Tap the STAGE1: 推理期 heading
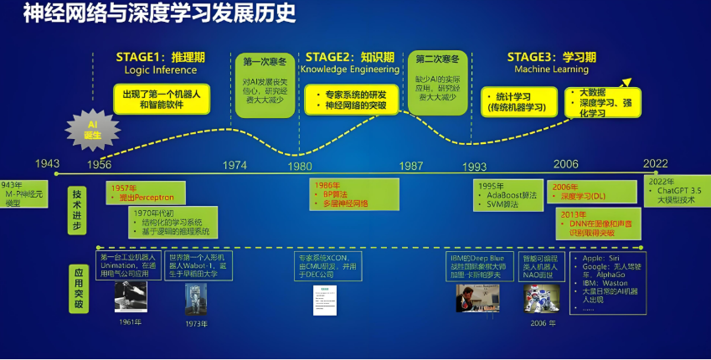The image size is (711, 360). tap(160, 57)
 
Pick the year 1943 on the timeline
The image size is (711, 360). tap(48, 164)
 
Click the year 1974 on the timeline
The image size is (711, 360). tap(235, 165)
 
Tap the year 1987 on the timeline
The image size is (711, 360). tap(411, 165)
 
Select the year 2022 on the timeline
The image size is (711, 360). tap(656, 164)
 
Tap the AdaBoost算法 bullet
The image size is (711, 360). tap(511, 195)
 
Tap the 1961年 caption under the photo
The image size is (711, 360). tap(129, 321)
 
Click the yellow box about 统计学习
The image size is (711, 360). tap(517, 102)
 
